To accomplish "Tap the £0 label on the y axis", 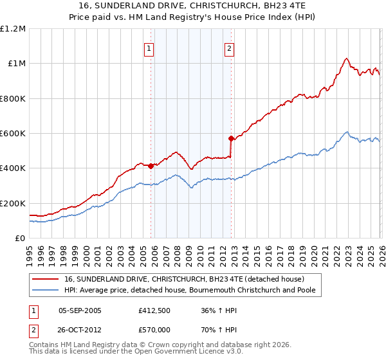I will pyautogui.click(x=19, y=239).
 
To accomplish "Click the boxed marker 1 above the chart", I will pyautogui.click(x=149, y=48).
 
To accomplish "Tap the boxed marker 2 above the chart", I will pyautogui.click(x=229, y=48).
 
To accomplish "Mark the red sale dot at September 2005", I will pyautogui.click(x=151, y=166).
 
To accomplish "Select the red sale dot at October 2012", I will pyautogui.click(x=231, y=138).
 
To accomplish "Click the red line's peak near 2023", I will pyautogui.click(x=346, y=59).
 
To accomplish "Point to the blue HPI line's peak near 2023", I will pyautogui.click(x=347, y=132).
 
